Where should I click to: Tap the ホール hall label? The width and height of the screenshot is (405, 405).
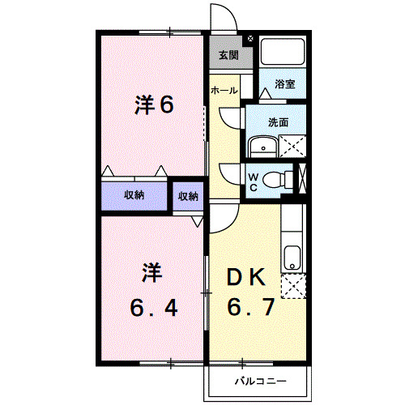pyautogui.click(x=224, y=91)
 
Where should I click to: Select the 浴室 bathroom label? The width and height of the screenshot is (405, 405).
pyautogui.click(x=283, y=83)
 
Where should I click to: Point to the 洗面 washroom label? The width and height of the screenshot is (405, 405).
pyautogui.click(x=279, y=122)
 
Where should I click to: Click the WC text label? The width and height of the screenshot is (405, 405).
pyautogui.click(x=253, y=181)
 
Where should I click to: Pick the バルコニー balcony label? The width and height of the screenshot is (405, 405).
pyautogui.click(x=258, y=379)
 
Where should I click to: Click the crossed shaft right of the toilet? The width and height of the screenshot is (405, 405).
pyautogui.click(x=304, y=179)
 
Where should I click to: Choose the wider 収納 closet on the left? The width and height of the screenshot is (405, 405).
pyautogui.click(x=134, y=195)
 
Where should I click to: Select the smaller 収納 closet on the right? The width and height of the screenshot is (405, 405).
pyautogui.click(x=188, y=196)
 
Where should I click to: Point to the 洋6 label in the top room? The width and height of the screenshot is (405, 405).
pyautogui.click(x=153, y=106)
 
